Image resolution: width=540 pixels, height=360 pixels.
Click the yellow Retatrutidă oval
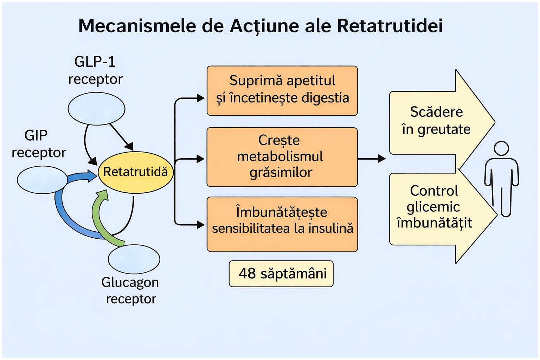pyautogui.click(x=135, y=172)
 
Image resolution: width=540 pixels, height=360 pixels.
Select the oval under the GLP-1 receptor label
pyautogui.click(x=96, y=109)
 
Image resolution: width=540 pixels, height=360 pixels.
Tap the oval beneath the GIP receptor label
pyautogui.click(x=42, y=180)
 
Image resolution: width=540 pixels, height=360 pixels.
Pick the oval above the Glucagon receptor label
pyautogui.click(x=134, y=259)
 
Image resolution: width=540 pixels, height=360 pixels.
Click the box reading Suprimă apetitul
pyautogui.click(x=282, y=91)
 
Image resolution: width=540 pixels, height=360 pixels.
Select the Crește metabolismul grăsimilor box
pyautogui.click(x=282, y=157)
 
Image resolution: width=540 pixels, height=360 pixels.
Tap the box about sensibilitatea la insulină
pyautogui.click(x=282, y=224)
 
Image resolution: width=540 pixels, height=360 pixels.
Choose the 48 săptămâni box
pyautogui.click(x=281, y=274)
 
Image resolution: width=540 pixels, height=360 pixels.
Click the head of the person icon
pyautogui.click(x=501, y=148)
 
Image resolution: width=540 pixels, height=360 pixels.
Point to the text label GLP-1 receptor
pyautogui.click(x=95, y=70)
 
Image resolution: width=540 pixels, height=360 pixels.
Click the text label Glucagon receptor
pyautogui.click(x=130, y=290)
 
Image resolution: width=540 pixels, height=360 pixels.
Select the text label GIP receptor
pyautogui.click(x=38, y=144)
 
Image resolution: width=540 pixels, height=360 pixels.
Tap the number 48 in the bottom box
pyautogui.click(x=247, y=274)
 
